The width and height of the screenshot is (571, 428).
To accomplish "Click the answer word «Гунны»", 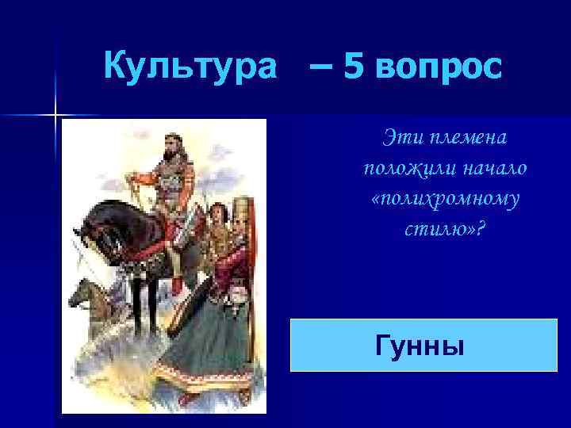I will pyautogui.click(x=416, y=346).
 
